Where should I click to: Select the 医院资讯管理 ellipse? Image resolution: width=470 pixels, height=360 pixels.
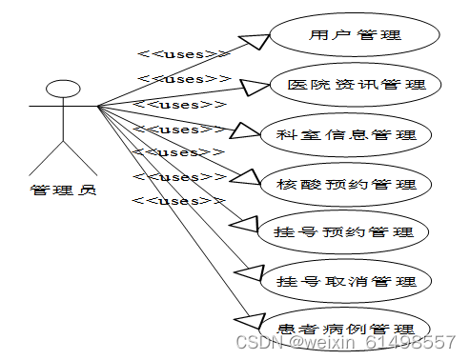tap(355, 85)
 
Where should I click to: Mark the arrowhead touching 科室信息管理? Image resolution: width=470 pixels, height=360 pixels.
tap(245, 131)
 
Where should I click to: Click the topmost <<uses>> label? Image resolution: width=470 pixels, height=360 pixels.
tap(183, 54)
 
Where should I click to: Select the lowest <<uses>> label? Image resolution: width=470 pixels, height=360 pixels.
tap(177, 201)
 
